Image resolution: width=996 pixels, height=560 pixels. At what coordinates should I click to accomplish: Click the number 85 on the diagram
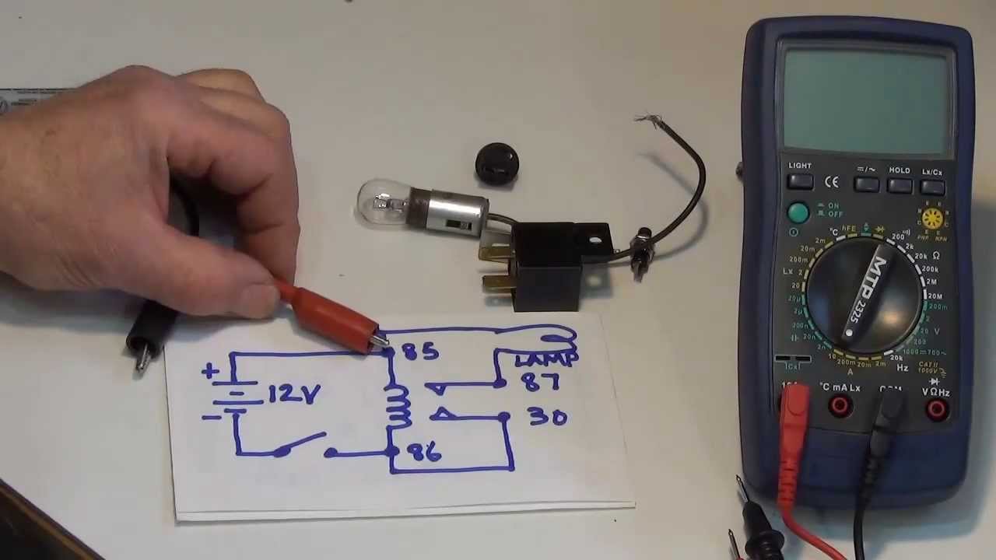coord(421,352)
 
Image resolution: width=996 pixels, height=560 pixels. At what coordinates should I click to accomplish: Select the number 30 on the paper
coord(548,417)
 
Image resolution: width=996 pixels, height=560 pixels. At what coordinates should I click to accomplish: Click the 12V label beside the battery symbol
coord(293,394)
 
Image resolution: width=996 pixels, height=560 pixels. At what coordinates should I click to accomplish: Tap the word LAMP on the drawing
coord(546,360)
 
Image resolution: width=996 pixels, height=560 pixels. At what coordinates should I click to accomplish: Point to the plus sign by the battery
coord(209,371)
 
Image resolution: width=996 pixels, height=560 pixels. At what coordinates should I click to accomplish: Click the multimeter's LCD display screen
coord(868,100)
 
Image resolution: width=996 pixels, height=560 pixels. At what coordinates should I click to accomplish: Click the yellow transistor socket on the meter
coord(931,218)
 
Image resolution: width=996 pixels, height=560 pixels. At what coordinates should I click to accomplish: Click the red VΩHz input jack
coord(937,408)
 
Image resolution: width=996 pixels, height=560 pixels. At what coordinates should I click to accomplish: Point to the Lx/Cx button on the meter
coord(931,185)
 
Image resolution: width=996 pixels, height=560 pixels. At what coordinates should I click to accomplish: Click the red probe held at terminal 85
coord(331,317)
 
